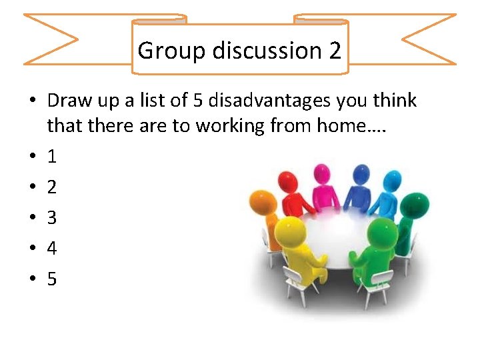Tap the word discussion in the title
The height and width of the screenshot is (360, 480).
[257, 51]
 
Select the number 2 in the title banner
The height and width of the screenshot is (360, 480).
[335, 51]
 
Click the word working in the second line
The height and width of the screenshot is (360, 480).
[224, 126]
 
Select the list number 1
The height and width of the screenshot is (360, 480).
[51, 157]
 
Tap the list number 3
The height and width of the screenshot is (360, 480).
[51, 218]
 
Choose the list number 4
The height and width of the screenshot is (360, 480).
[51, 249]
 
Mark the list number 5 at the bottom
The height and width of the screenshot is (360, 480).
[51, 279]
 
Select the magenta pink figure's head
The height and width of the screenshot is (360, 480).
[322, 172]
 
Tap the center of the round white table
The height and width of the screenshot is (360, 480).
[340, 237]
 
